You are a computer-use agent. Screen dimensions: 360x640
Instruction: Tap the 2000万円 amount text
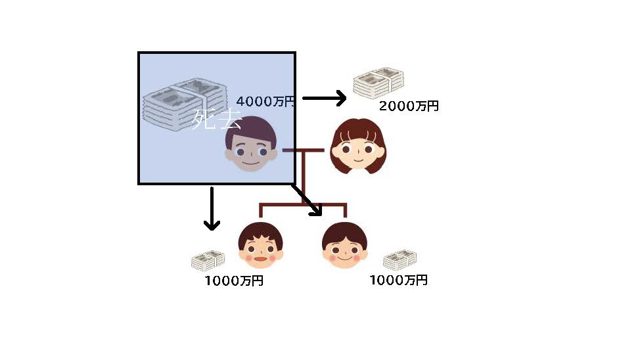(x=409, y=106)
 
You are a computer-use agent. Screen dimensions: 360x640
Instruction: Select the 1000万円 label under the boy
(x=234, y=281)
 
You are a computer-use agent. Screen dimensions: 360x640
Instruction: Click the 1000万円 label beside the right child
(x=398, y=280)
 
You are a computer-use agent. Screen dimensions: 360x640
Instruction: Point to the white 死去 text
(x=216, y=120)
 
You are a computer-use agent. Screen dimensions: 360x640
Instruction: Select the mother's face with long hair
(x=356, y=147)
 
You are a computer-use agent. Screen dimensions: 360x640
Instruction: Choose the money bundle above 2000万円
(x=378, y=82)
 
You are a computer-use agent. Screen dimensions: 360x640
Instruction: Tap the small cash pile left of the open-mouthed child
(x=208, y=261)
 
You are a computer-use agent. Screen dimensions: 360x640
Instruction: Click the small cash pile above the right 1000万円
(x=400, y=260)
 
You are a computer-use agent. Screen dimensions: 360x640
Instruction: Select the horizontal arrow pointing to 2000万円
(x=324, y=99)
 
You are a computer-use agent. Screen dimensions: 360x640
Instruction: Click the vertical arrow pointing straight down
(x=211, y=208)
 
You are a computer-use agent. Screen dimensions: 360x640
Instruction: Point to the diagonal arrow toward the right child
(x=307, y=200)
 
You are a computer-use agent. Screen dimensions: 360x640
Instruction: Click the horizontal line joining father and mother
(x=303, y=150)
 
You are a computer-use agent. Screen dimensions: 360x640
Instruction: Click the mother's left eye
(x=346, y=148)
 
